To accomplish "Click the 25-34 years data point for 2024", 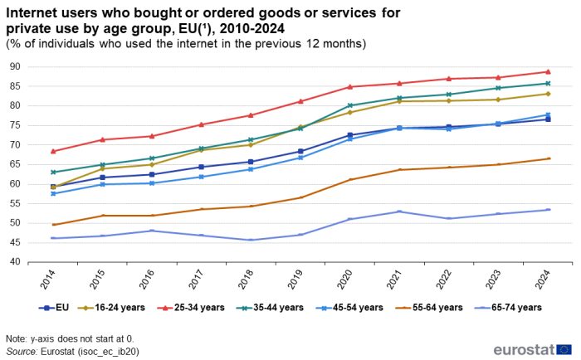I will click(x=548, y=71).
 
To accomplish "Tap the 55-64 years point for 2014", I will click(x=53, y=225).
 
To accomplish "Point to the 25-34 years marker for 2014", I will click(x=53, y=151).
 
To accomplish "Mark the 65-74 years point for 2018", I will click(x=251, y=240).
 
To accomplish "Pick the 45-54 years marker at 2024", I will click(x=548, y=114).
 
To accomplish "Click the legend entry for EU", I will click(x=57, y=307).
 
